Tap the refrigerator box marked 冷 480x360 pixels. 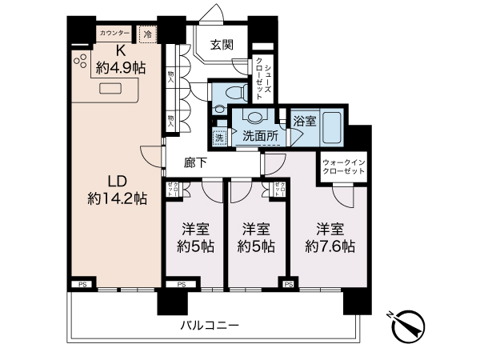pyautogui.click(x=147, y=34)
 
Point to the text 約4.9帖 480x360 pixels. pyautogui.click(x=118, y=68)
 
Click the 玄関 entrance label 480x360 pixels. pyautogui.click(x=222, y=46)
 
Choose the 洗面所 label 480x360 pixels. pyautogui.click(x=260, y=137)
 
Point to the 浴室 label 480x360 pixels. pyautogui.click(x=304, y=122)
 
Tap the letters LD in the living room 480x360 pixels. pyautogui.click(x=117, y=181)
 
